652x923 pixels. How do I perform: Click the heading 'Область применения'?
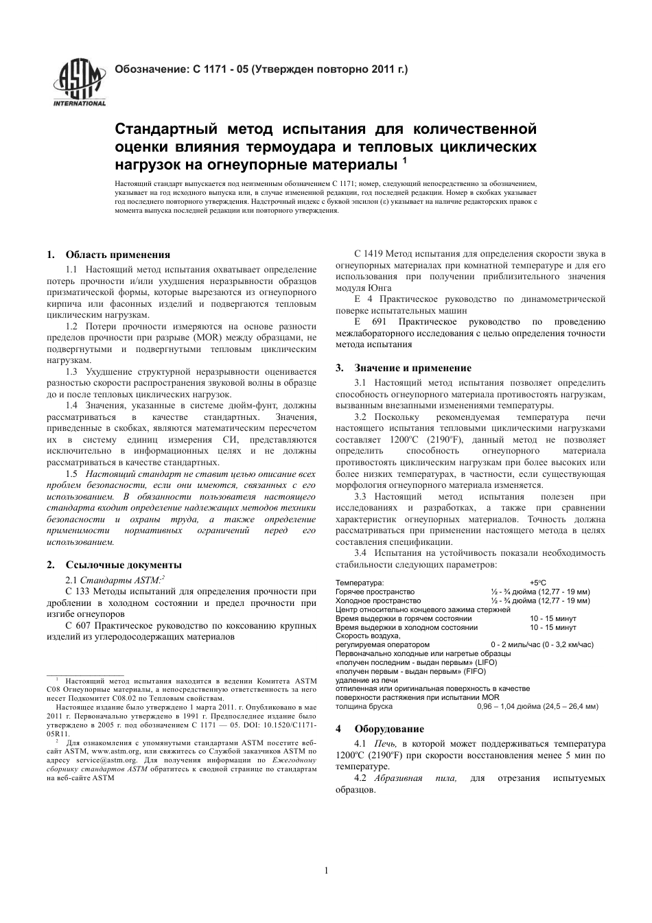point(117,255)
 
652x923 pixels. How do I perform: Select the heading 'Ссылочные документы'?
point(124,565)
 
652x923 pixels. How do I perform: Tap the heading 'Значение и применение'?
point(412,368)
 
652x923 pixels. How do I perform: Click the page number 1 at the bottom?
point(326,871)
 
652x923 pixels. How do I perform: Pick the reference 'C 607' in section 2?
point(78,625)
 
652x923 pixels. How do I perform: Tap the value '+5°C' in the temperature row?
point(537,583)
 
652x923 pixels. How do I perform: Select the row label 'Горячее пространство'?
point(375,592)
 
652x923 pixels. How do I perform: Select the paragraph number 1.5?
point(71,474)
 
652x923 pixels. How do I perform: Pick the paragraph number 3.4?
point(361,552)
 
